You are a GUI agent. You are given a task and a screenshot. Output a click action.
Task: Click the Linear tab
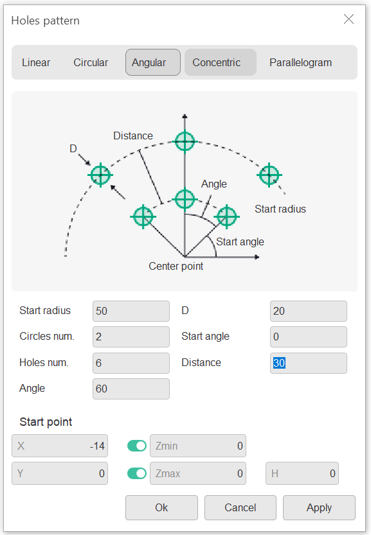(x=36, y=62)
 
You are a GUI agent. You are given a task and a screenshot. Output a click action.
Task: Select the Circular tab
(x=91, y=62)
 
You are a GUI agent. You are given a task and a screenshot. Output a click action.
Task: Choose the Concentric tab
(x=221, y=62)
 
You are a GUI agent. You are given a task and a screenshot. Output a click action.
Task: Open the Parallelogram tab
(x=301, y=62)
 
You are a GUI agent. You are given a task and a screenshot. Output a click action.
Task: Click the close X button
(x=348, y=19)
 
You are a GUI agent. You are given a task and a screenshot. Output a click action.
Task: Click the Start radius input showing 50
(x=131, y=311)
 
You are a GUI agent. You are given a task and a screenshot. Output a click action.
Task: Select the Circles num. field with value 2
(x=131, y=337)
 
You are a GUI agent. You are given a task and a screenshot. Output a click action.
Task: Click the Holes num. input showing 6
(x=131, y=363)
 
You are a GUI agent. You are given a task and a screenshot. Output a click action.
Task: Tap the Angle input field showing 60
(x=131, y=389)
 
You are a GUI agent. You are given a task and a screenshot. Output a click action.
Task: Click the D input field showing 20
(x=309, y=311)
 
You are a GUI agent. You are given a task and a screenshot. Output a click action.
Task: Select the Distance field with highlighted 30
(x=309, y=363)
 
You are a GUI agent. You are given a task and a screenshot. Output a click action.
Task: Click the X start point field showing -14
(x=60, y=446)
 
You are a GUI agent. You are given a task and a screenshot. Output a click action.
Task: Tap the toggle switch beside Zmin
(x=137, y=446)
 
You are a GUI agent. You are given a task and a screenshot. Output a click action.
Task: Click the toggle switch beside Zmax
(x=137, y=473)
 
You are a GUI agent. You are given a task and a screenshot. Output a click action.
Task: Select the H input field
(x=302, y=473)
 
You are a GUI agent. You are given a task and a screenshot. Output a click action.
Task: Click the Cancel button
(x=240, y=507)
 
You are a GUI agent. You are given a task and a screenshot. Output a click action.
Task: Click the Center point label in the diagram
(x=176, y=266)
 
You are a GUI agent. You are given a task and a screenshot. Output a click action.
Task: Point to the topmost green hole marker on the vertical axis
(x=185, y=141)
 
